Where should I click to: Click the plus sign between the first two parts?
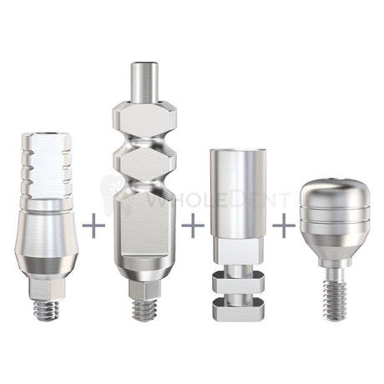coord(94,225)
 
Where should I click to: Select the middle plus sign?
coord(192,225)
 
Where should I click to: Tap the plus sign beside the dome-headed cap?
coord(283,225)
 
